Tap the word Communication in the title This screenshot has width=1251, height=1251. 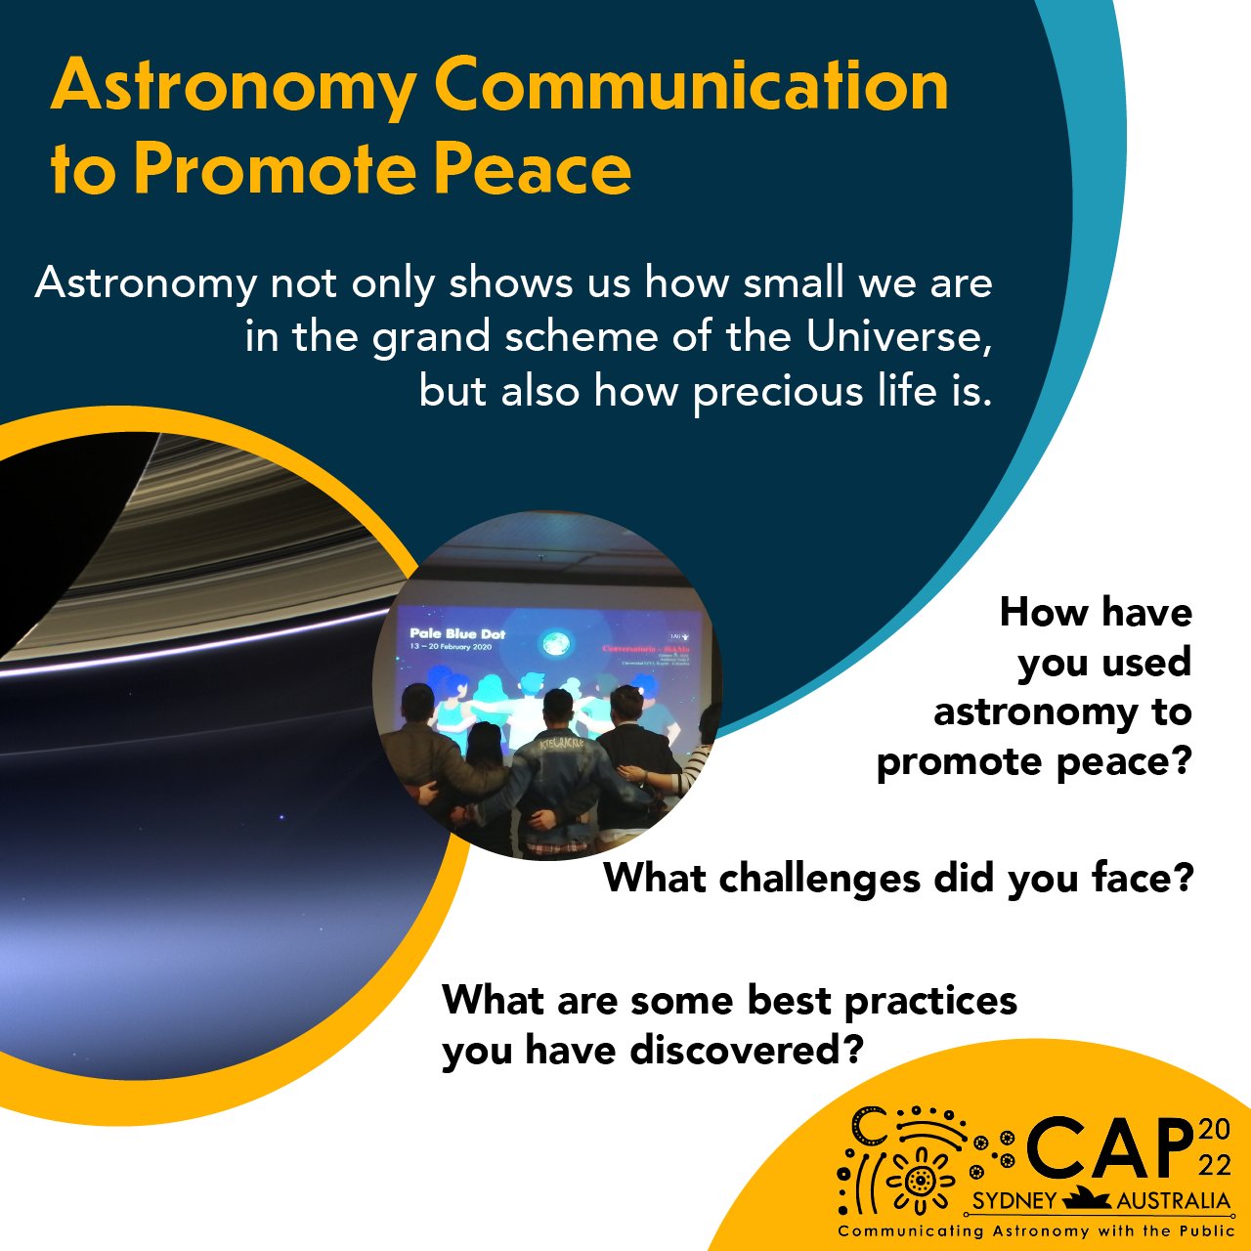[691, 85]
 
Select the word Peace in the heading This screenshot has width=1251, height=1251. [533, 170]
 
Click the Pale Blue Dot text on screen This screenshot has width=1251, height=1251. [456, 634]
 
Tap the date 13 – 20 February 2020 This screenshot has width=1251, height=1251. [452, 648]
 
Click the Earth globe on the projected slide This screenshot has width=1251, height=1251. [554, 644]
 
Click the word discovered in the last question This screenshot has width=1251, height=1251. [746, 1051]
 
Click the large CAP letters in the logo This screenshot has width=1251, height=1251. [1110, 1148]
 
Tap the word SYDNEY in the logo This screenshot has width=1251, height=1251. [1014, 1201]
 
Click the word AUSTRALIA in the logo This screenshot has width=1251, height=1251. [1173, 1201]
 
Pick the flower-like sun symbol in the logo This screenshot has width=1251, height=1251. [919, 1181]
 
